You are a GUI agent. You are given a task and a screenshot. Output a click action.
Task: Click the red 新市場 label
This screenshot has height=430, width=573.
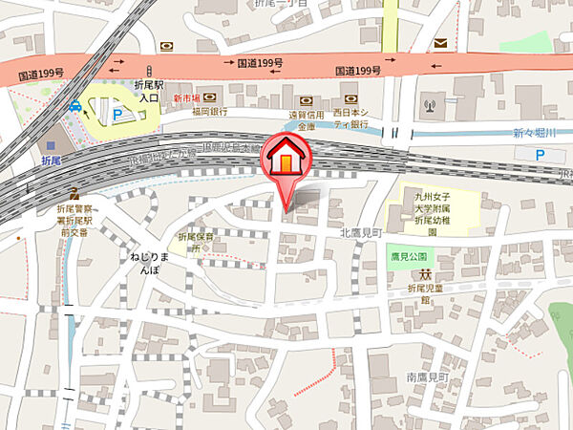pos(185,98)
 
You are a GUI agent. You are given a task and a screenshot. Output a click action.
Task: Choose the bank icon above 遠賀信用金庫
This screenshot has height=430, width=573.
pos(306,100)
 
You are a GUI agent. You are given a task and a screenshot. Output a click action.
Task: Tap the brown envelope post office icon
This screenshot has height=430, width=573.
pos(440,43)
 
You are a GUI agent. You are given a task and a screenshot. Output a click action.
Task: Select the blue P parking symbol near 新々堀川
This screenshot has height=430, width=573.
pos(541,155)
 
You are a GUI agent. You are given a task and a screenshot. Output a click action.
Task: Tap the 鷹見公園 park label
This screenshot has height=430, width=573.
pos(412,257)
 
